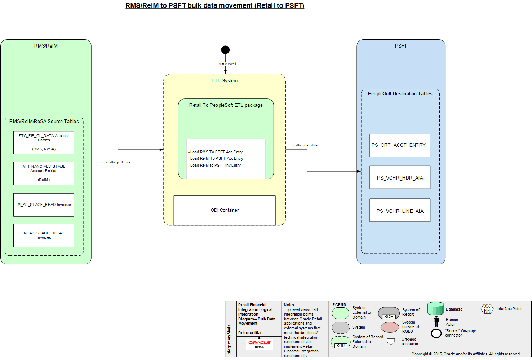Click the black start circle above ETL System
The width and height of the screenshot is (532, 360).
pos(225,50)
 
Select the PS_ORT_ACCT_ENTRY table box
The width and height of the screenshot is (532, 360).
pos(400,145)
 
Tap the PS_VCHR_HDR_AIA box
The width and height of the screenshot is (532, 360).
pos(400,177)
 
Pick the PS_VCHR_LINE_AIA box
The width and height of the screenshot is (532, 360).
pos(400,210)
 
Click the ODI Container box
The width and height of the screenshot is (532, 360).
pos(225,210)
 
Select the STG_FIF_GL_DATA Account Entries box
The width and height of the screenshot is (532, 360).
pos(44,142)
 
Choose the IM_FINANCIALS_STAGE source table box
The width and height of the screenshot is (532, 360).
pos(44,173)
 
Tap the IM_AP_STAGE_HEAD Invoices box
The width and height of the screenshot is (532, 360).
pos(44,205)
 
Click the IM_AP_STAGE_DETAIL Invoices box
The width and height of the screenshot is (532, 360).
pos(44,235)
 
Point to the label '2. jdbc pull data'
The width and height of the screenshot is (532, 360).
pos(118,162)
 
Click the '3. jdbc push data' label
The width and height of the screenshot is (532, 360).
pos(305,145)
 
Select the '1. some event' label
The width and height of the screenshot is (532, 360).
pos(226,64)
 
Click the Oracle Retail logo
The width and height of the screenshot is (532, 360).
pos(260,344)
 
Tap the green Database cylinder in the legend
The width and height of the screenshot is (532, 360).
pos(435,309)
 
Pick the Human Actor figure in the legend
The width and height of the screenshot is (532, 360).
pos(436,321)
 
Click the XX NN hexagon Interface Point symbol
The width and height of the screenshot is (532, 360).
pos(487,309)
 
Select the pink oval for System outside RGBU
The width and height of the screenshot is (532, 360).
pos(390,327)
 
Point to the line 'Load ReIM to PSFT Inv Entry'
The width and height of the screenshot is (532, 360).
pos(215,165)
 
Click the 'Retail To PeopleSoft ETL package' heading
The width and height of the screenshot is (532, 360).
pos(226,105)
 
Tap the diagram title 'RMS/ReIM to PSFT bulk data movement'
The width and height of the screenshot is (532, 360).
pos(215,6)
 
